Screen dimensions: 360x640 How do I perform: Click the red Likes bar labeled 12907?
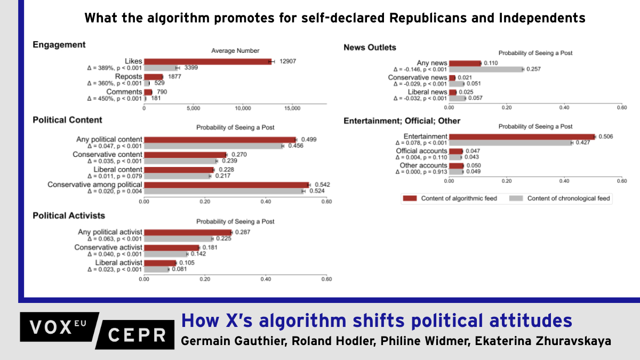208,61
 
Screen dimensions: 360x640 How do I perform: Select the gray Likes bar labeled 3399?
161,68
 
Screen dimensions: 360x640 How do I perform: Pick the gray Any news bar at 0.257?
486,69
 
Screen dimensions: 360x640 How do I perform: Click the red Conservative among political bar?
227,185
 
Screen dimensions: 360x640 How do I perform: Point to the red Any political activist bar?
188,233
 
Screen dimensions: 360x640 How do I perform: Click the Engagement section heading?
59,45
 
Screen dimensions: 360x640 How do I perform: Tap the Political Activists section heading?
69,215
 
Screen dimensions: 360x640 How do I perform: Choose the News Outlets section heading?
370,47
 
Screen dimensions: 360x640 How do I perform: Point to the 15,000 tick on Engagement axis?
292,108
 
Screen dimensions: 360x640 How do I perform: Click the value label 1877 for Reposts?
174,77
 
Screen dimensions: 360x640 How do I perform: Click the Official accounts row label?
421,151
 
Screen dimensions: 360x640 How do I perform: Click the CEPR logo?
138,334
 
